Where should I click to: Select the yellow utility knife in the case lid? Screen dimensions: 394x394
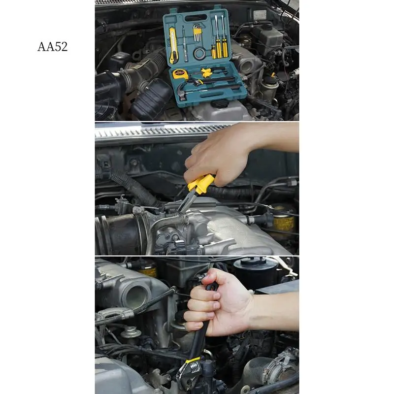[x=173, y=45]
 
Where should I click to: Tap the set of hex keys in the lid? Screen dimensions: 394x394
[x=197, y=34]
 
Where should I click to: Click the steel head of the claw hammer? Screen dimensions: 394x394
[x=183, y=93]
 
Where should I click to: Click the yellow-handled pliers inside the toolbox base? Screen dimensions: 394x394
[x=207, y=74]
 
